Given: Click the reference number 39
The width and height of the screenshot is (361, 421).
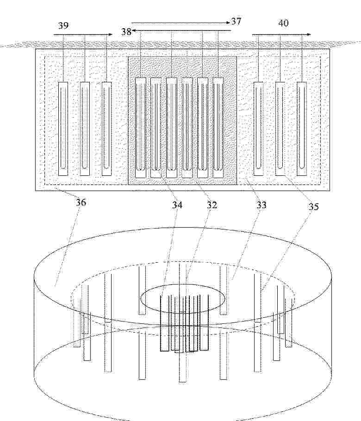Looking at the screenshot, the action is coord(63,25).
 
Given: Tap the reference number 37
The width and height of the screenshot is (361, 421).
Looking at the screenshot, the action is coord(236,21).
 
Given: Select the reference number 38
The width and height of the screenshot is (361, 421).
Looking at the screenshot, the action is coord(126,31).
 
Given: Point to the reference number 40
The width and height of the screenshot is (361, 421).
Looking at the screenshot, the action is coord(283,23).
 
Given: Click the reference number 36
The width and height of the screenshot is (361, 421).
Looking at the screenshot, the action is coord(81,202).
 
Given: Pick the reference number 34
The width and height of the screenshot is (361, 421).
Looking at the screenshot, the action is coord(177,205).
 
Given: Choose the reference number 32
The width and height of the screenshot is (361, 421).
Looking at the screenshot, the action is coord(212,205).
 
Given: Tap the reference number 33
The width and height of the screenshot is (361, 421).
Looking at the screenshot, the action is coord(261,205).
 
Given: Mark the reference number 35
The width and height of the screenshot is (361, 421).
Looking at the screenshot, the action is coord(313,206).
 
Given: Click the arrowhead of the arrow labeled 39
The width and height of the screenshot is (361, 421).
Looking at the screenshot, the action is coord(111,34).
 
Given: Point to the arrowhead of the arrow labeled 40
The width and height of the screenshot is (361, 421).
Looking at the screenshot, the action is coord(309,34).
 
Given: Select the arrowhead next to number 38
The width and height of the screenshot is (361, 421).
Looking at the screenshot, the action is coord(134,31).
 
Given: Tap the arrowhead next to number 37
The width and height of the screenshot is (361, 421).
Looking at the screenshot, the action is coord(228,23).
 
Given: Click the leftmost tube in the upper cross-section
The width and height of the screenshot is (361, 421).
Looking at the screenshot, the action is coord(63,129).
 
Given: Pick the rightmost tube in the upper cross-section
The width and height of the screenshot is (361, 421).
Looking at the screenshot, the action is coord(302,129).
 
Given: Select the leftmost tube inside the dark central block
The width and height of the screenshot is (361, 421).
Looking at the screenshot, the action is coord(141,128).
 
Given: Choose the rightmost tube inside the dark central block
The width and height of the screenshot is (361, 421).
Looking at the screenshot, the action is coord(218,128).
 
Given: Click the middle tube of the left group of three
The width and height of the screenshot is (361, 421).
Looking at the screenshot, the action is coord(85,129).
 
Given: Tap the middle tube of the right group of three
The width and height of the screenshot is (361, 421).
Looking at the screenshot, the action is coord(280,129).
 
